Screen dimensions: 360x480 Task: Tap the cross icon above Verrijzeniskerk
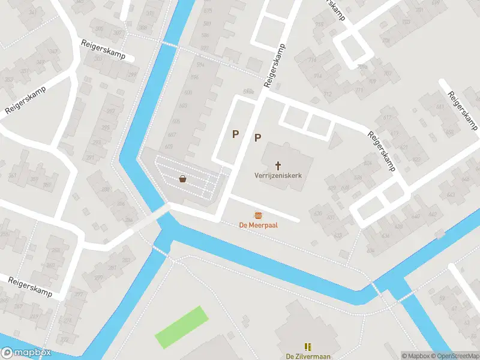click(x=278, y=165)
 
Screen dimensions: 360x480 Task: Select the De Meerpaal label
click(x=257, y=225)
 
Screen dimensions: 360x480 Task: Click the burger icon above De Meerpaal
click(x=258, y=215)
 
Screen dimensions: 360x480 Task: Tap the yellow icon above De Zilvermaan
click(x=308, y=347)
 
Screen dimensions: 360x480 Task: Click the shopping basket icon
click(x=182, y=178)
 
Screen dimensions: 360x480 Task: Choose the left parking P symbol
click(x=236, y=134)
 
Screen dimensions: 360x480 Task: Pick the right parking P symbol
click(x=257, y=137)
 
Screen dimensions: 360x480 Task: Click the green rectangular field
click(x=181, y=326)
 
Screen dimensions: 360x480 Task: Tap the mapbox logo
click(x=26, y=353)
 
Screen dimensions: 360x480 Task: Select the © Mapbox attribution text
click(x=416, y=356)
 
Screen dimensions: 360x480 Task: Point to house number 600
click(x=188, y=92)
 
